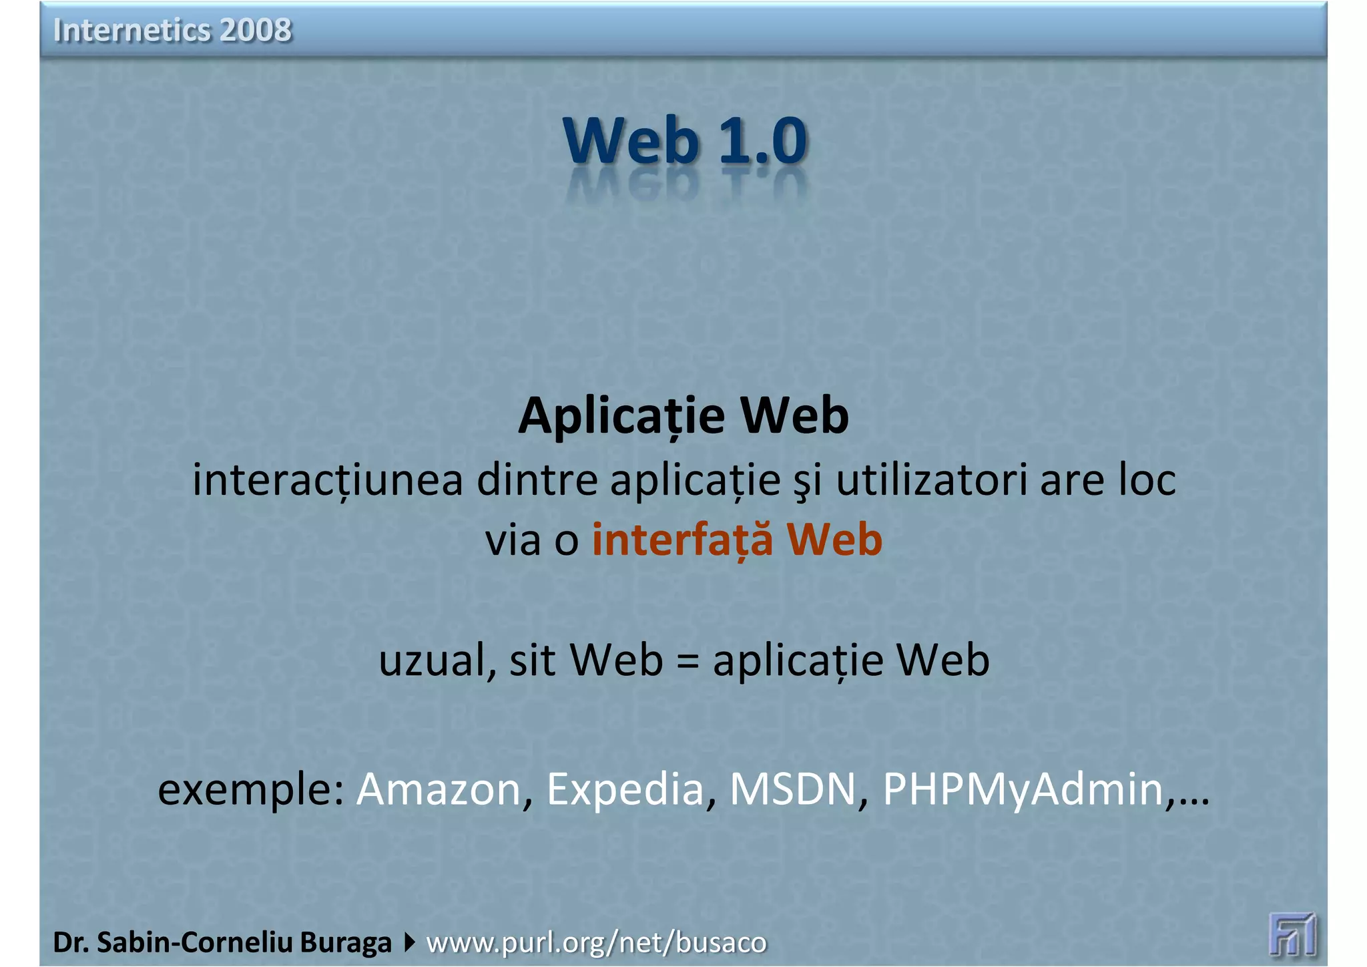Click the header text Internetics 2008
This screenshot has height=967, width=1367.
click(172, 30)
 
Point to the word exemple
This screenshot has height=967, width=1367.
click(250, 789)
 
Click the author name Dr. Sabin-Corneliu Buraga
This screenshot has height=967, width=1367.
click(222, 942)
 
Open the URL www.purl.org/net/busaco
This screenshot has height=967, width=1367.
click(596, 942)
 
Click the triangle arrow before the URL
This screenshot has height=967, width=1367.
click(409, 942)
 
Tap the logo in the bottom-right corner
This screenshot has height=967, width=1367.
click(1292, 934)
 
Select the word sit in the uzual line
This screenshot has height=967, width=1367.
click(532, 660)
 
